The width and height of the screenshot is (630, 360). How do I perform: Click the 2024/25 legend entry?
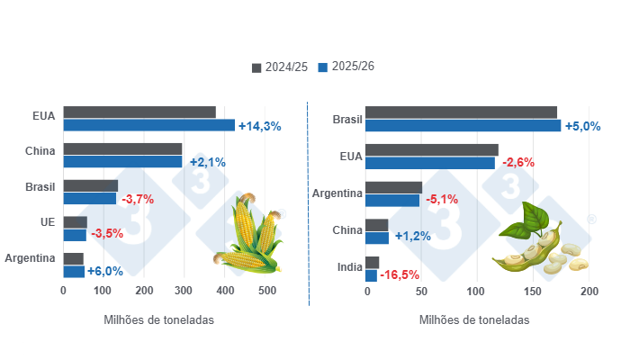281,67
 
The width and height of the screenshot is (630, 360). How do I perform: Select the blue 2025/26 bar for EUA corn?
148,125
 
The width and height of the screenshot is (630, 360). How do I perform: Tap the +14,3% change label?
260,126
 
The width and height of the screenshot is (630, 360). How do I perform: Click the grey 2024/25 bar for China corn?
122,148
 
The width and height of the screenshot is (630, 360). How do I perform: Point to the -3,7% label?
138,199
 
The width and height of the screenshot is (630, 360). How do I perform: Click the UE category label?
47,222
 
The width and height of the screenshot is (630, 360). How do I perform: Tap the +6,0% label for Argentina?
105,272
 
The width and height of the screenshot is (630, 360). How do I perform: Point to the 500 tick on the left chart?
267,292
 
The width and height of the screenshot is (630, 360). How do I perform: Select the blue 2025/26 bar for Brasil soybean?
463,125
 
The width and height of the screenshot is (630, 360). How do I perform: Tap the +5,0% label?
582,126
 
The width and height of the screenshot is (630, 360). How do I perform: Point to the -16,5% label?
402,275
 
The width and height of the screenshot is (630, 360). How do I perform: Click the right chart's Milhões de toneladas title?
473,319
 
